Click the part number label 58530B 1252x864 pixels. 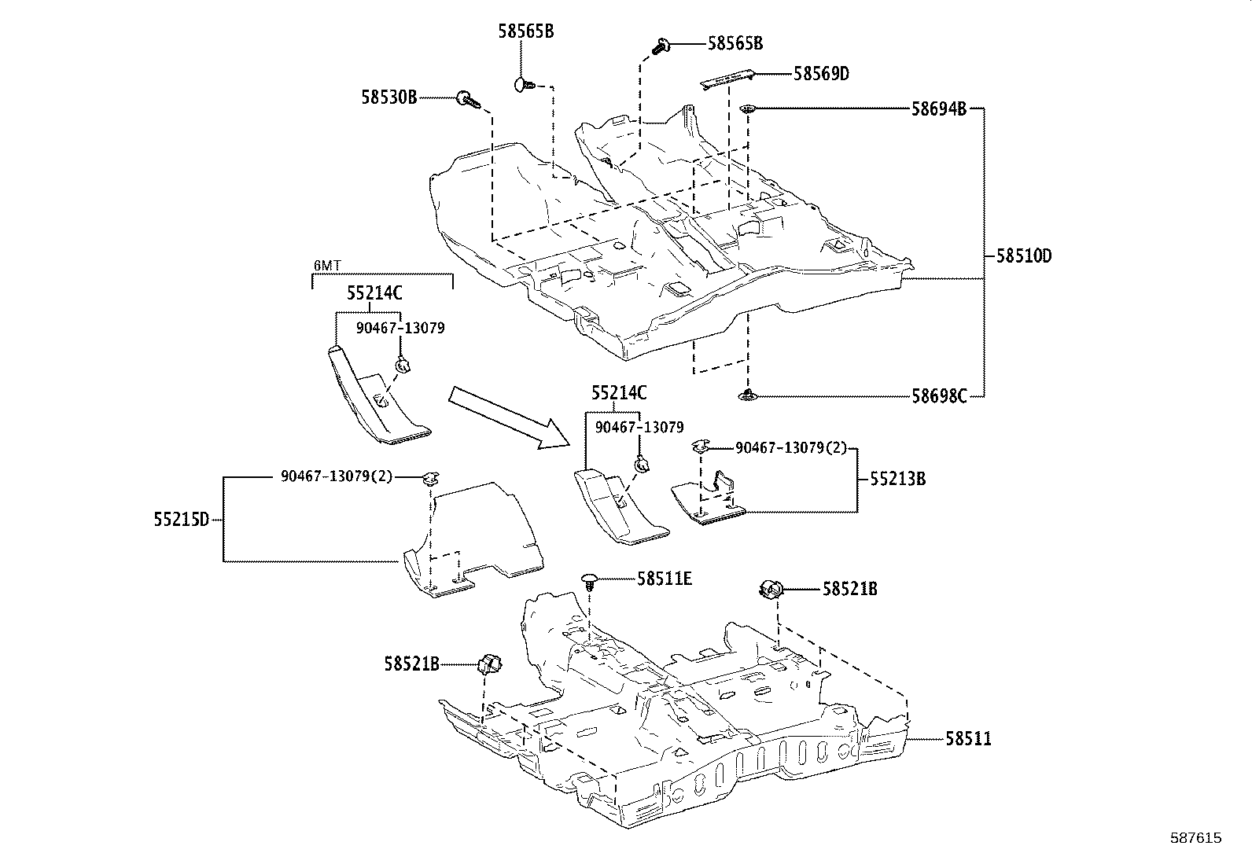(x=388, y=97)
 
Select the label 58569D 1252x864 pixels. (x=821, y=74)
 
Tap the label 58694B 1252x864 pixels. (x=939, y=109)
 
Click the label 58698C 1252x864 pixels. (x=939, y=396)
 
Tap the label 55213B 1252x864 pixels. (x=897, y=479)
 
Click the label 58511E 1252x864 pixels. (x=665, y=579)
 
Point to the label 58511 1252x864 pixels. (x=968, y=739)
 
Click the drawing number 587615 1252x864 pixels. (x=1195, y=839)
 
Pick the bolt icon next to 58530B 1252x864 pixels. (x=468, y=101)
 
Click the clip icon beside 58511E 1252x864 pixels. (x=590, y=581)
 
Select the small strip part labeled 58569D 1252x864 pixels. (x=728, y=79)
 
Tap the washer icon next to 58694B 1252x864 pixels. (x=747, y=109)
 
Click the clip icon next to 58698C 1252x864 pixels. (x=747, y=396)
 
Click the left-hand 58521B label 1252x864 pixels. (x=411, y=664)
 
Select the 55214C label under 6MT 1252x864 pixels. (x=374, y=293)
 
